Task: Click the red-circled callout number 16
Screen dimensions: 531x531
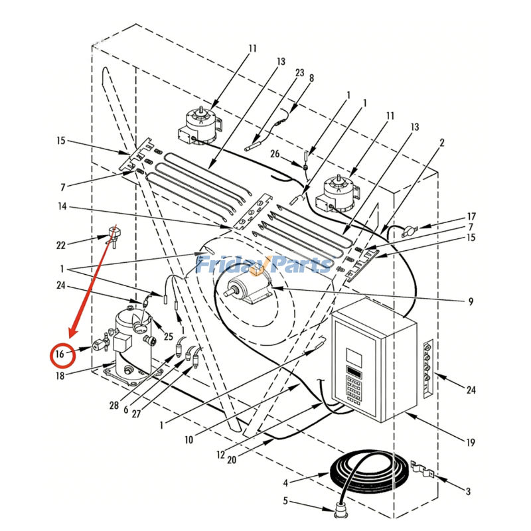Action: coord(60,354)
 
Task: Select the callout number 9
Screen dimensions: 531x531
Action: coord(471,301)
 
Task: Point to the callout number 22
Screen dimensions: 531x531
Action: coord(61,245)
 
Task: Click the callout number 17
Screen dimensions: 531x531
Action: coord(471,216)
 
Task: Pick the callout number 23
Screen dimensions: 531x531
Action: coord(299,72)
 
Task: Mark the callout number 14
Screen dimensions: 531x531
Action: coord(61,207)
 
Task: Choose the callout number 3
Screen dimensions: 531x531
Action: coord(467,491)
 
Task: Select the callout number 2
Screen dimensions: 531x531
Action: coord(442,143)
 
